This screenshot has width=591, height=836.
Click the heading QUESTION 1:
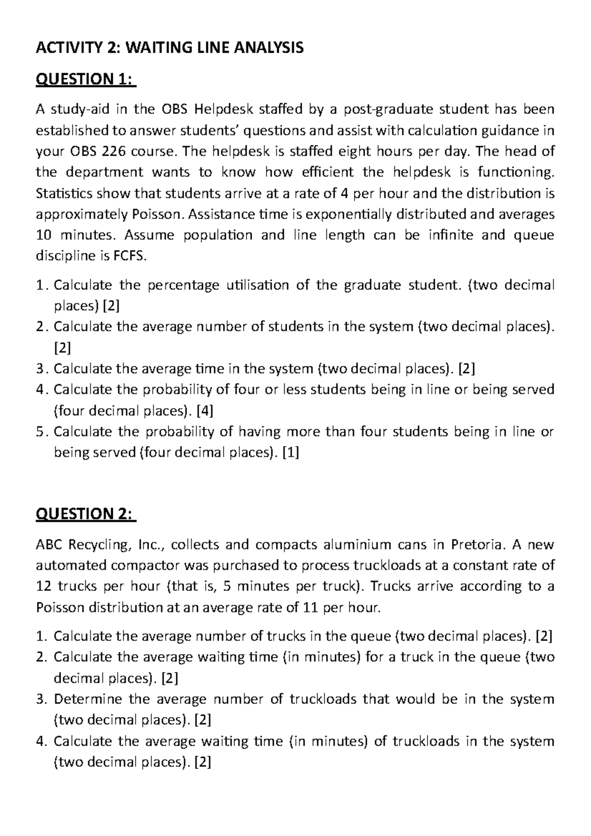click(x=85, y=79)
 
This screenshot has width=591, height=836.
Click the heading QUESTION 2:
click(x=85, y=514)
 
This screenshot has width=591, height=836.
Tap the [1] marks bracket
click(x=291, y=452)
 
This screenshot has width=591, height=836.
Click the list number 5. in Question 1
click(x=42, y=432)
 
